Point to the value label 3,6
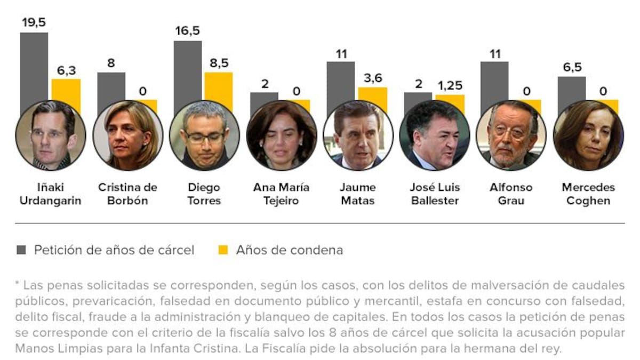coord(372,78)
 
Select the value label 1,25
coord(450,86)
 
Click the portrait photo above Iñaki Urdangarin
coord(51,135)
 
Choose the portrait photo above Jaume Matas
coord(358,135)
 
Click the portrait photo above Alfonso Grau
coord(511,135)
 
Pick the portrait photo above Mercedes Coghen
coord(588,135)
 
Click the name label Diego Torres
coord(204,194)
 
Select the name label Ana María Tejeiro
coord(281,194)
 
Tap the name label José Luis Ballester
coord(435,194)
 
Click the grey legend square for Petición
coord(21,250)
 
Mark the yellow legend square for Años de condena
coord(223,250)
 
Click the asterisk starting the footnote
coord(18,283)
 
